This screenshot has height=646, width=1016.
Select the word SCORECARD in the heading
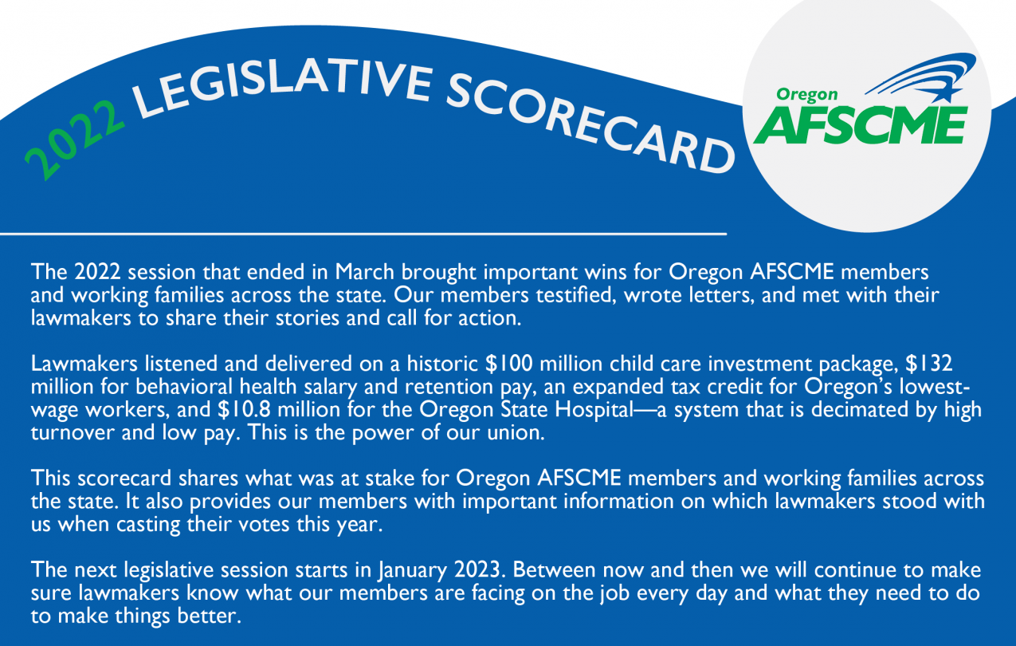coord(590,122)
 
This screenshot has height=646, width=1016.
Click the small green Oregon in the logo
coord(806,94)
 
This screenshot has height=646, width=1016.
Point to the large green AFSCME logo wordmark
coord(861,125)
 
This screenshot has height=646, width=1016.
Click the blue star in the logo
coord(946,94)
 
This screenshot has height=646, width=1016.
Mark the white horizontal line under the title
coord(363,234)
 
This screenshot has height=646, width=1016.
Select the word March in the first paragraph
coord(364,272)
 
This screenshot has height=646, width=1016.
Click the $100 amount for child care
coord(509,364)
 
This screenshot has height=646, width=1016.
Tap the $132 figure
coord(929,364)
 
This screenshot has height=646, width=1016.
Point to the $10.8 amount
coord(244,409)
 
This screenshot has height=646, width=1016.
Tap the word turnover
coord(73,433)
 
